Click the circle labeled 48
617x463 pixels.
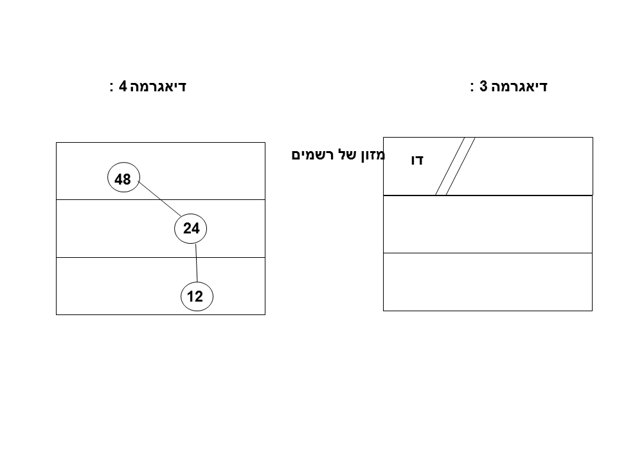coord(123,179)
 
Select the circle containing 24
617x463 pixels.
coord(192,228)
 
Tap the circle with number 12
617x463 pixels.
coord(195,296)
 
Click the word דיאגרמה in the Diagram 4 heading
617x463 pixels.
coord(158,86)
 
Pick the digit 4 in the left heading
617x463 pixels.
coord(122,86)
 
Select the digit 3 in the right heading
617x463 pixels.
coord(484,86)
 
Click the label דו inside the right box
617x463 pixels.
coord(417,161)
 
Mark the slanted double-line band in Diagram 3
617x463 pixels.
coord(454,166)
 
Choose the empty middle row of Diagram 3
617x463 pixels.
coord(487,224)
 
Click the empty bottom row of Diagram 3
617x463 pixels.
coord(487,282)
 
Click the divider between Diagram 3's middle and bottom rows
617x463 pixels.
coord(487,253)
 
